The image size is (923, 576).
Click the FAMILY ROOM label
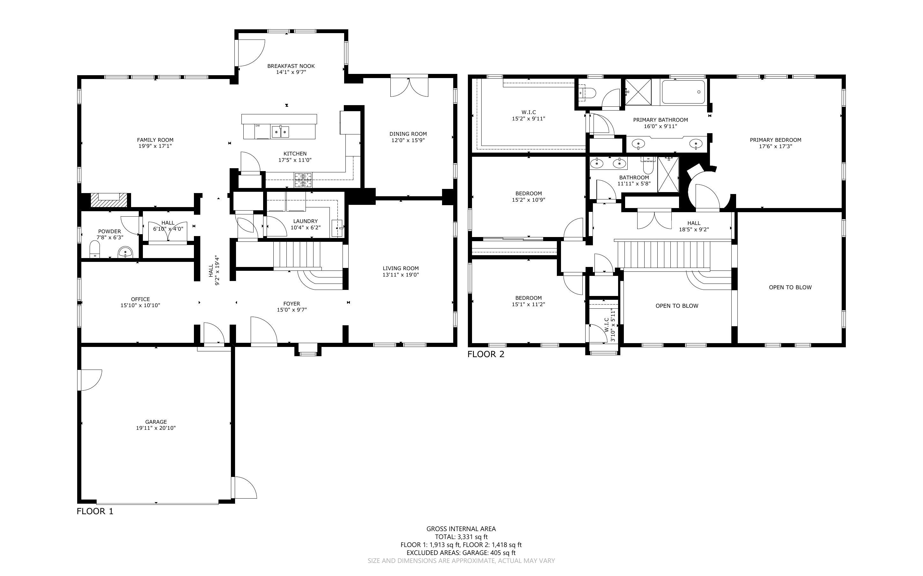point(155,140)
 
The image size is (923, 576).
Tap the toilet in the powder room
point(94,249)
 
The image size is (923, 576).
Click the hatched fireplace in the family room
point(109,200)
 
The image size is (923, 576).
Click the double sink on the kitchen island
point(280,132)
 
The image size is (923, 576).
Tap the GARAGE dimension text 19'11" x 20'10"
point(156,428)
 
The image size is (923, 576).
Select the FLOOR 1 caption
point(95,511)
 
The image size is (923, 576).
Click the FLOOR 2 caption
point(486,354)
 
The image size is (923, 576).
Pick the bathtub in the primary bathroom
point(683,92)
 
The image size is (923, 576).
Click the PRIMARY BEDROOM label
point(775,140)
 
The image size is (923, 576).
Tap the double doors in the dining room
point(409,87)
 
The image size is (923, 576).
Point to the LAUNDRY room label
point(305,221)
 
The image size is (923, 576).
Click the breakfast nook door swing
point(252,53)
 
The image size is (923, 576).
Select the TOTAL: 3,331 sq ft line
point(461,537)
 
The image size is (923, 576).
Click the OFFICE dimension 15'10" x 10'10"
point(140,305)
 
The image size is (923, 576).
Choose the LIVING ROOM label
point(401,268)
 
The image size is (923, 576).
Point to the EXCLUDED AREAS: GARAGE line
point(461,553)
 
